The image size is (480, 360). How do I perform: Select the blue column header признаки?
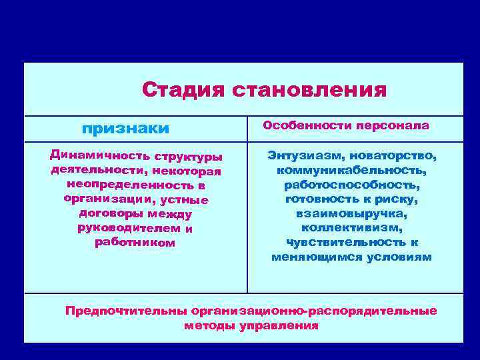(125, 127)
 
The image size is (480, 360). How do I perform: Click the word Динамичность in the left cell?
(99, 156)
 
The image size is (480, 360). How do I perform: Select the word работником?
(135, 243)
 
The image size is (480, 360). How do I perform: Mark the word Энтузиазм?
(301, 155)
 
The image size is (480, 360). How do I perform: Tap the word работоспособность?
(351, 185)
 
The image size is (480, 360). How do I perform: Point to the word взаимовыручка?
(351, 213)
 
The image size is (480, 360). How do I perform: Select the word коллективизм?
(351, 228)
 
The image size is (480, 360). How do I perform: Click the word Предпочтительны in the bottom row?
(126, 311)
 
